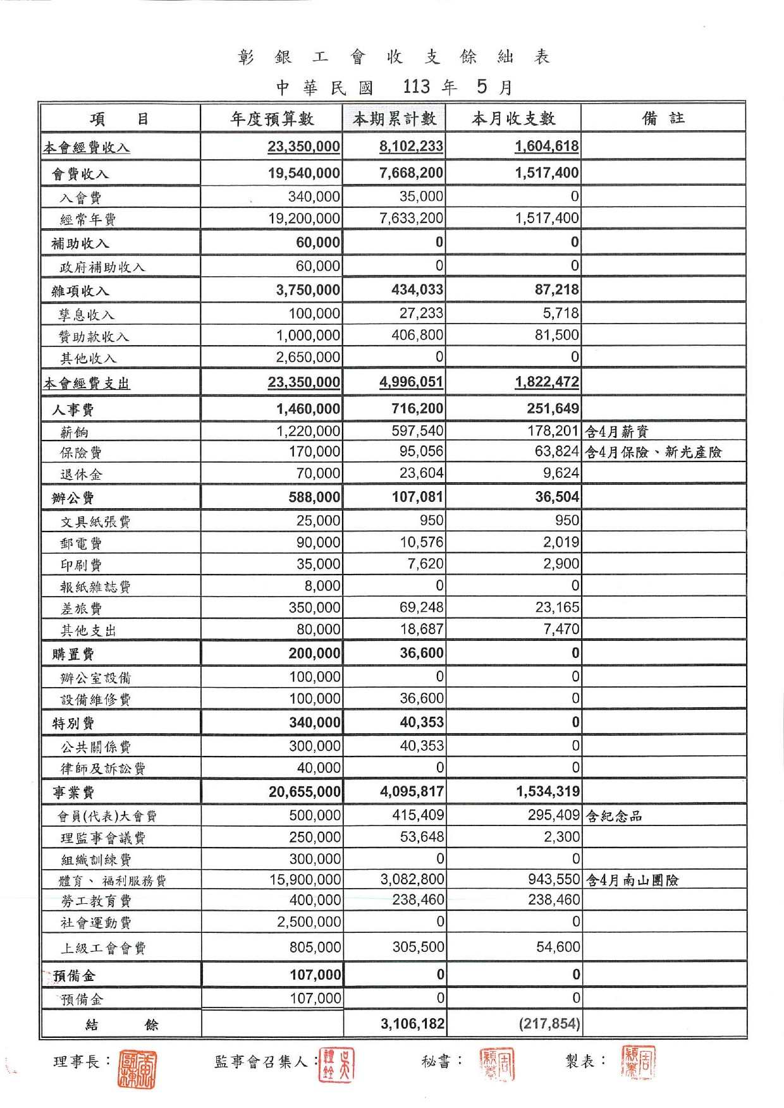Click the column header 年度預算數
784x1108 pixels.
tap(272, 119)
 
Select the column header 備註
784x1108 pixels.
tap(663, 118)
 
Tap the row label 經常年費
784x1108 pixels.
tap(88, 219)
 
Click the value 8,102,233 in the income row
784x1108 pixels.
tap(411, 147)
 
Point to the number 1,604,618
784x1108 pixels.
tap(546, 147)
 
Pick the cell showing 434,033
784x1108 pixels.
tap(417, 289)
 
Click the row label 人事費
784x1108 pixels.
tap(73, 410)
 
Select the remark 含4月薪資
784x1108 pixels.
tap(616, 432)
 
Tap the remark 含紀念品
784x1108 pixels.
tap(614, 816)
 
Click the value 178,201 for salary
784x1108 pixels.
tap(553, 431)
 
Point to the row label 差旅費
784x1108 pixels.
tap(81, 609)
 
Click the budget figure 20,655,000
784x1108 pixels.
tap(305, 791)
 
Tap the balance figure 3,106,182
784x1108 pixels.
tap(413, 1024)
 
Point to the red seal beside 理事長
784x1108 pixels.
tap(137, 1069)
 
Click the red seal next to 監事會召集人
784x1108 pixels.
tap(336, 1065)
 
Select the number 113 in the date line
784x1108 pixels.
tap(417, 87)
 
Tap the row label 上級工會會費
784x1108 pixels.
tap(103, 948)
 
